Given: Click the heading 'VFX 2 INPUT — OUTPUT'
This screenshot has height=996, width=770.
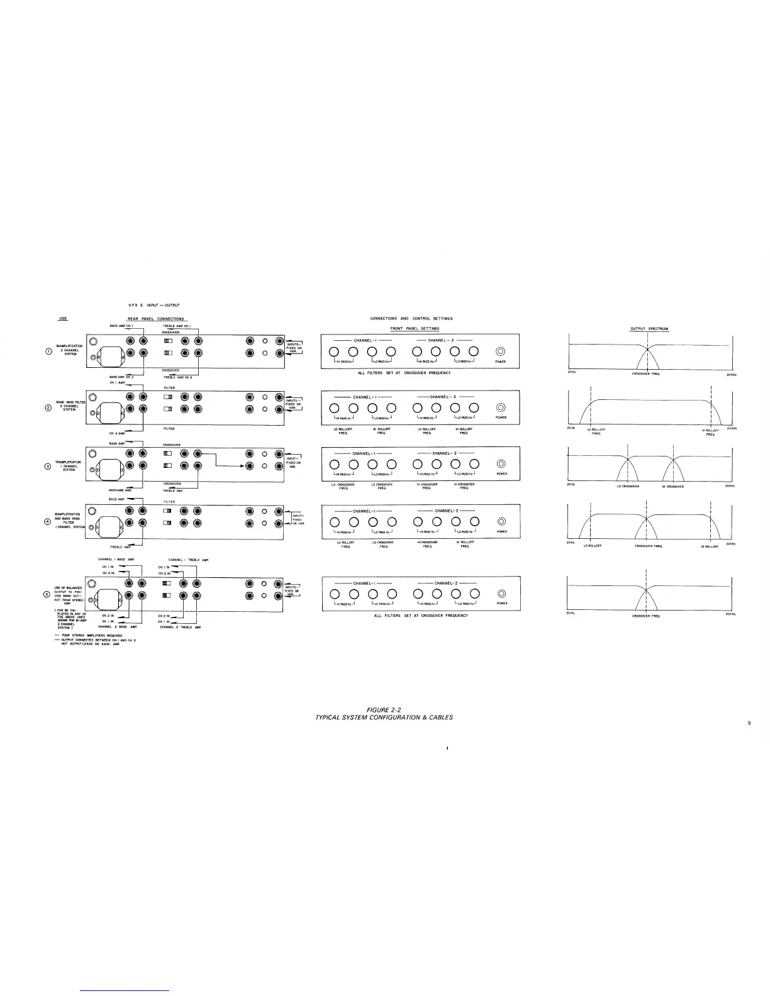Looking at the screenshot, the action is pyautogui.click(x=154, y=306).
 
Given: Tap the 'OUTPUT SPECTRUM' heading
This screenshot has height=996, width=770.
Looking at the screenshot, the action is pyautogui.click(x=650, y=329).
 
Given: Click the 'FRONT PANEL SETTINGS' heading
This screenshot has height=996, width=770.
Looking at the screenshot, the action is pyautogui.click(x=415, y=329).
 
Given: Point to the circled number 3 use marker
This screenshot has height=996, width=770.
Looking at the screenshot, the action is pyautogui.click(x=47, y=465).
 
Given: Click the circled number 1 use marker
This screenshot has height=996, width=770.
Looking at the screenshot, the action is pyautogui.click(x=47, y=351).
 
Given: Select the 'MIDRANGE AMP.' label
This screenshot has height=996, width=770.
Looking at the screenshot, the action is pyautogui.click(x=119, y=490).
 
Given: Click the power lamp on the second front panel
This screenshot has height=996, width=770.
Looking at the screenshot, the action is pyautogui.click(x=501, y=407).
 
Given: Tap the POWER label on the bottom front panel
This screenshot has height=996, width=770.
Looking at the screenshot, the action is pyautogui.click(x=501, y=604).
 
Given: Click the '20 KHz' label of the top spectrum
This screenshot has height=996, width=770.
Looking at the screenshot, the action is pyautogui.click(x=731, y=375).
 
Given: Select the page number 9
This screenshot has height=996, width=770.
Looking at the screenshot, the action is pyautogui.click(x=749, y=722).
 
